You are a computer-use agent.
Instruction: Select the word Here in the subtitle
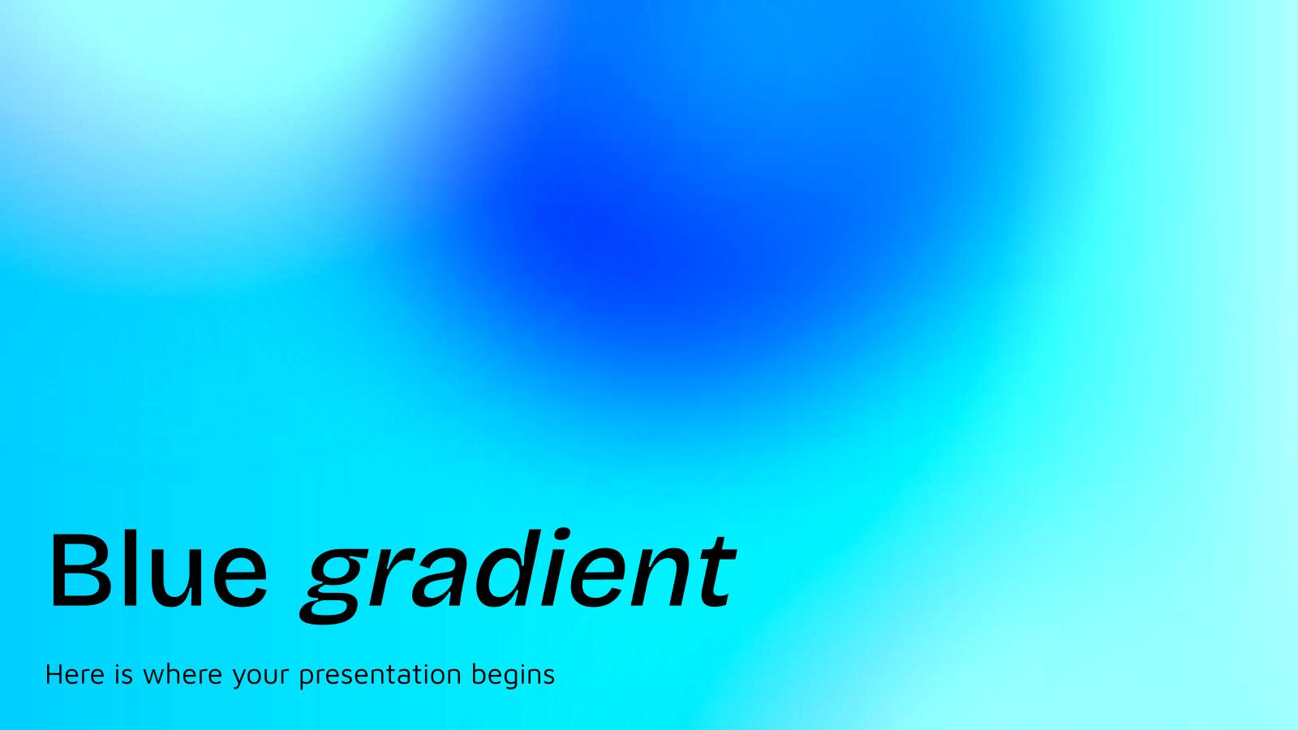pos(75,674)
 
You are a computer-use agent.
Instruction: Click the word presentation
pos(381,676)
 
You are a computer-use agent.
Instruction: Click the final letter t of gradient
pos(714,571)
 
